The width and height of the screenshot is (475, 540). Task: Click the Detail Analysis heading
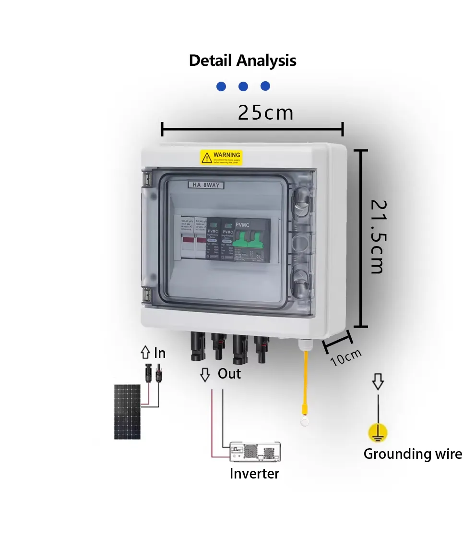242,61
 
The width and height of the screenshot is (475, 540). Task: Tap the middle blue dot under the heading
243,86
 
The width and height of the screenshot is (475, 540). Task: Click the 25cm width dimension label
265,113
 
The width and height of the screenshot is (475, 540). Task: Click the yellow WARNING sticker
221,157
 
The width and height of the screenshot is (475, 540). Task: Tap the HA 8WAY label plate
206,184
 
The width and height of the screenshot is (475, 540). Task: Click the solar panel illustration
127,411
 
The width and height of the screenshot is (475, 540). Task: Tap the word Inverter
254,474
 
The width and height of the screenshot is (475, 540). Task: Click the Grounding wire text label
413,454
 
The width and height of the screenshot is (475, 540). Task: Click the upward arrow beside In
145,354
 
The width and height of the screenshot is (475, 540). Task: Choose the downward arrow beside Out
205,374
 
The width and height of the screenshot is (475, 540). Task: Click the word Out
229,374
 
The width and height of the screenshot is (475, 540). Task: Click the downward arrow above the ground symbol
378,382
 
